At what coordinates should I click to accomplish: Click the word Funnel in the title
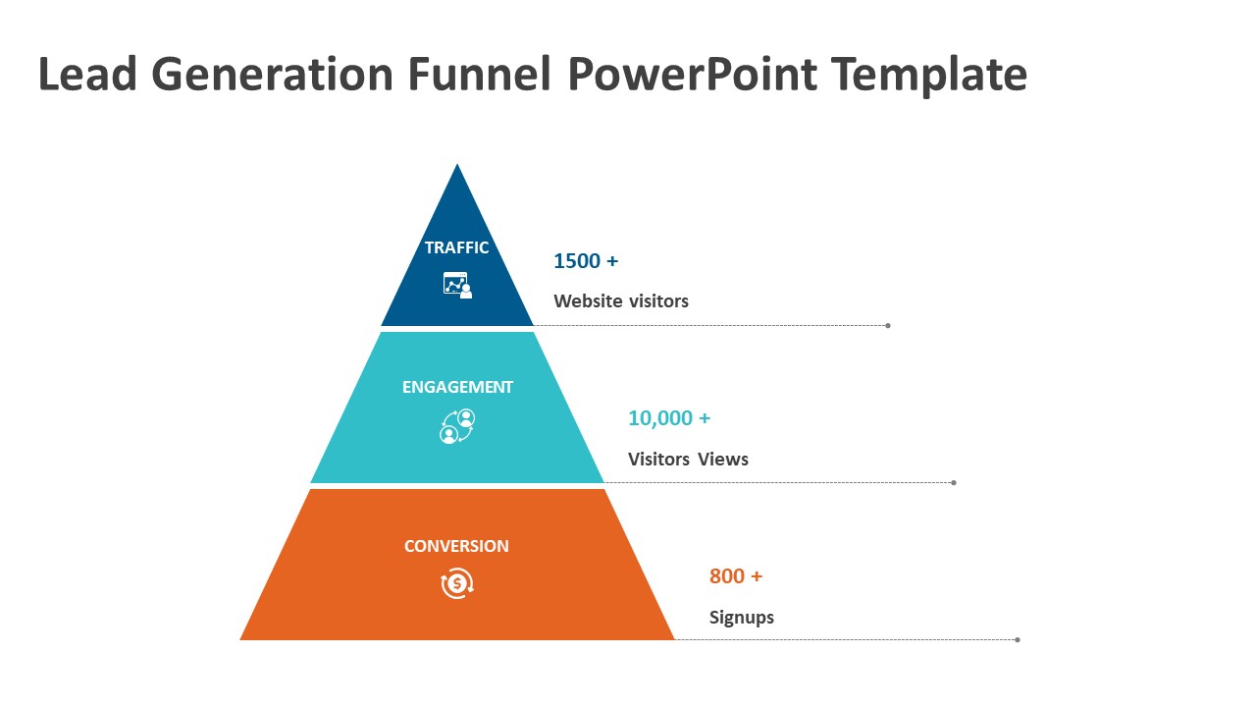coord(480,74)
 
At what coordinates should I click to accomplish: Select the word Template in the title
coord(929,75)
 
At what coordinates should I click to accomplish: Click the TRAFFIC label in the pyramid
coord(456,247)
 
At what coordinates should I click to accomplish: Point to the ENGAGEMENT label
coord(457,387)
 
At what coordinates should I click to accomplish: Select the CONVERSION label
coord(456,546)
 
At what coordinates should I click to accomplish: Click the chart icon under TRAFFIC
coord(457,285)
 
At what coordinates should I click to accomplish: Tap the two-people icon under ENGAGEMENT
coord(457,426)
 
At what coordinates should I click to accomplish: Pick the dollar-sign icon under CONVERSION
coord(457,583)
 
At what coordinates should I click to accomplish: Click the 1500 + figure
coord(586,261)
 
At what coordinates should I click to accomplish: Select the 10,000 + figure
coord(669,418)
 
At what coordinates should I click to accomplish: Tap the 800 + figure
coord(736,576)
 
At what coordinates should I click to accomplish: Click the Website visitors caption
coord(621,301)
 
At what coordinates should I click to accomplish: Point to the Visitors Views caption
coord(688,460)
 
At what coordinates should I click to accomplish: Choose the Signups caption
coord(741,618)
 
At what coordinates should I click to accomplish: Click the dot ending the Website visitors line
coord(888,325)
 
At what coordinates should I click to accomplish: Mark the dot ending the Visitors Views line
coord(954,482)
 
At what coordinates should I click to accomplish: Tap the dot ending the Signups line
coord(1018,639)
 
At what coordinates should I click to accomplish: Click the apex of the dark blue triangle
coord(457,164)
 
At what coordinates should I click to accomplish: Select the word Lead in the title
coord(87,74)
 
